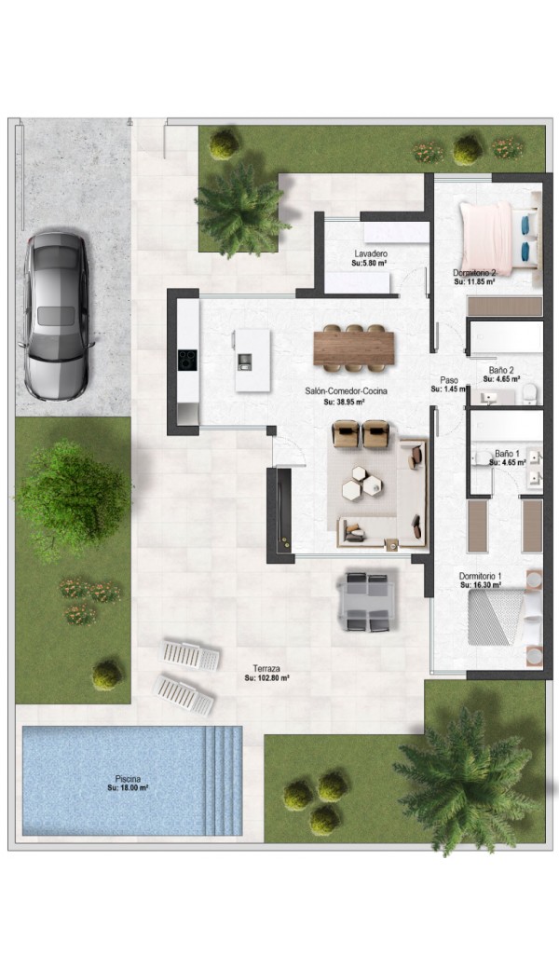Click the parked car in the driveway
tap(57, 316)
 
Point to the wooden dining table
tap(354, 348)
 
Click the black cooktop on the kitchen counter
tap(187, 359)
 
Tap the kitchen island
tap(252, 360)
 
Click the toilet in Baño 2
tap(530, 393)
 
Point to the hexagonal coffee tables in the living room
tap(362, 482)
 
